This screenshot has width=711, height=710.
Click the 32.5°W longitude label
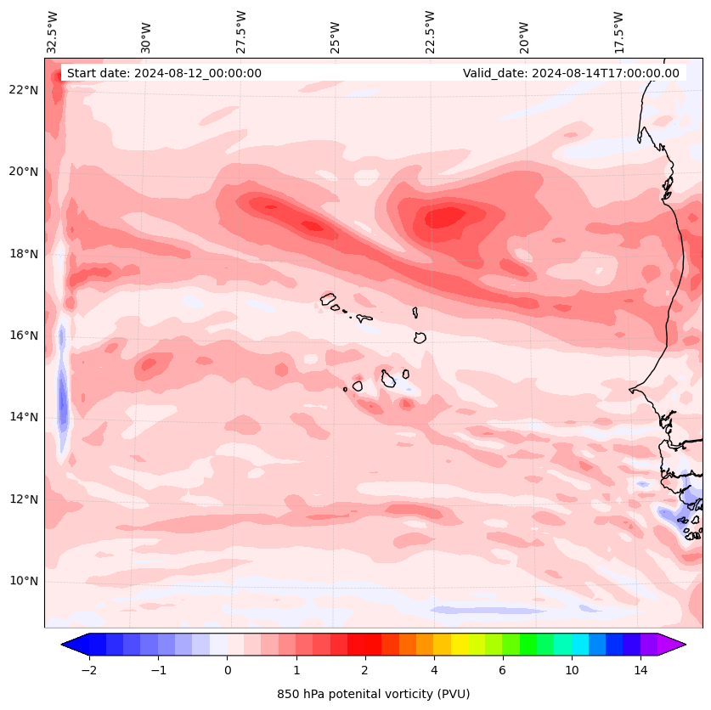click(x=53, y=31)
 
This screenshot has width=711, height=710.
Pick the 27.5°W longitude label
click(x=241, y=31)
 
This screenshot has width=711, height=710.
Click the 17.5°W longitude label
click(x=618, y=31)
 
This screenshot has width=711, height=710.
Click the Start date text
click(x=164, y=73)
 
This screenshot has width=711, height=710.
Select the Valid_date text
click(x=571, y=73)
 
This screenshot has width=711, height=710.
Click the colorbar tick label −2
click(x=88, y=670)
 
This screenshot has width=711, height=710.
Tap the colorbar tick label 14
click(x=640, y=670)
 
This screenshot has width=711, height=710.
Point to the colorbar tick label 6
click(x=502, y=670)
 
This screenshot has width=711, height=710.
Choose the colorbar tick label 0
click(x=227, y=670)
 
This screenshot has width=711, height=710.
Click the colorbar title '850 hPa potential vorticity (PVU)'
click(x=373, y=694)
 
